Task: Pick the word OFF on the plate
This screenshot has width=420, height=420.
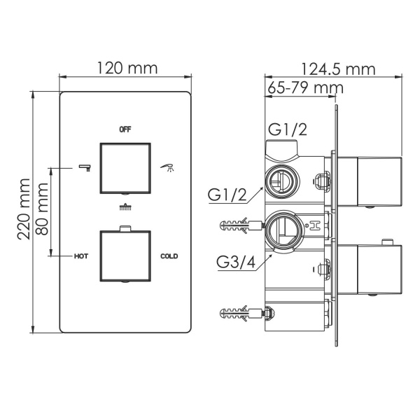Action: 125,129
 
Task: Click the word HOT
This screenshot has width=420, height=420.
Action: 81,256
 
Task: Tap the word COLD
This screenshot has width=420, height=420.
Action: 169,256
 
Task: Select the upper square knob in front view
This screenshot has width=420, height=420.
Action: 126,167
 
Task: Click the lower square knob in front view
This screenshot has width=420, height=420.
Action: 126,256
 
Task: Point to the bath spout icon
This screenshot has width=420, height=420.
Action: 85,167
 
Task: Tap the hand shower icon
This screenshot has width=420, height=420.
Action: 166,167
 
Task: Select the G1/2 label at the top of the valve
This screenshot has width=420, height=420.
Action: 288,129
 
